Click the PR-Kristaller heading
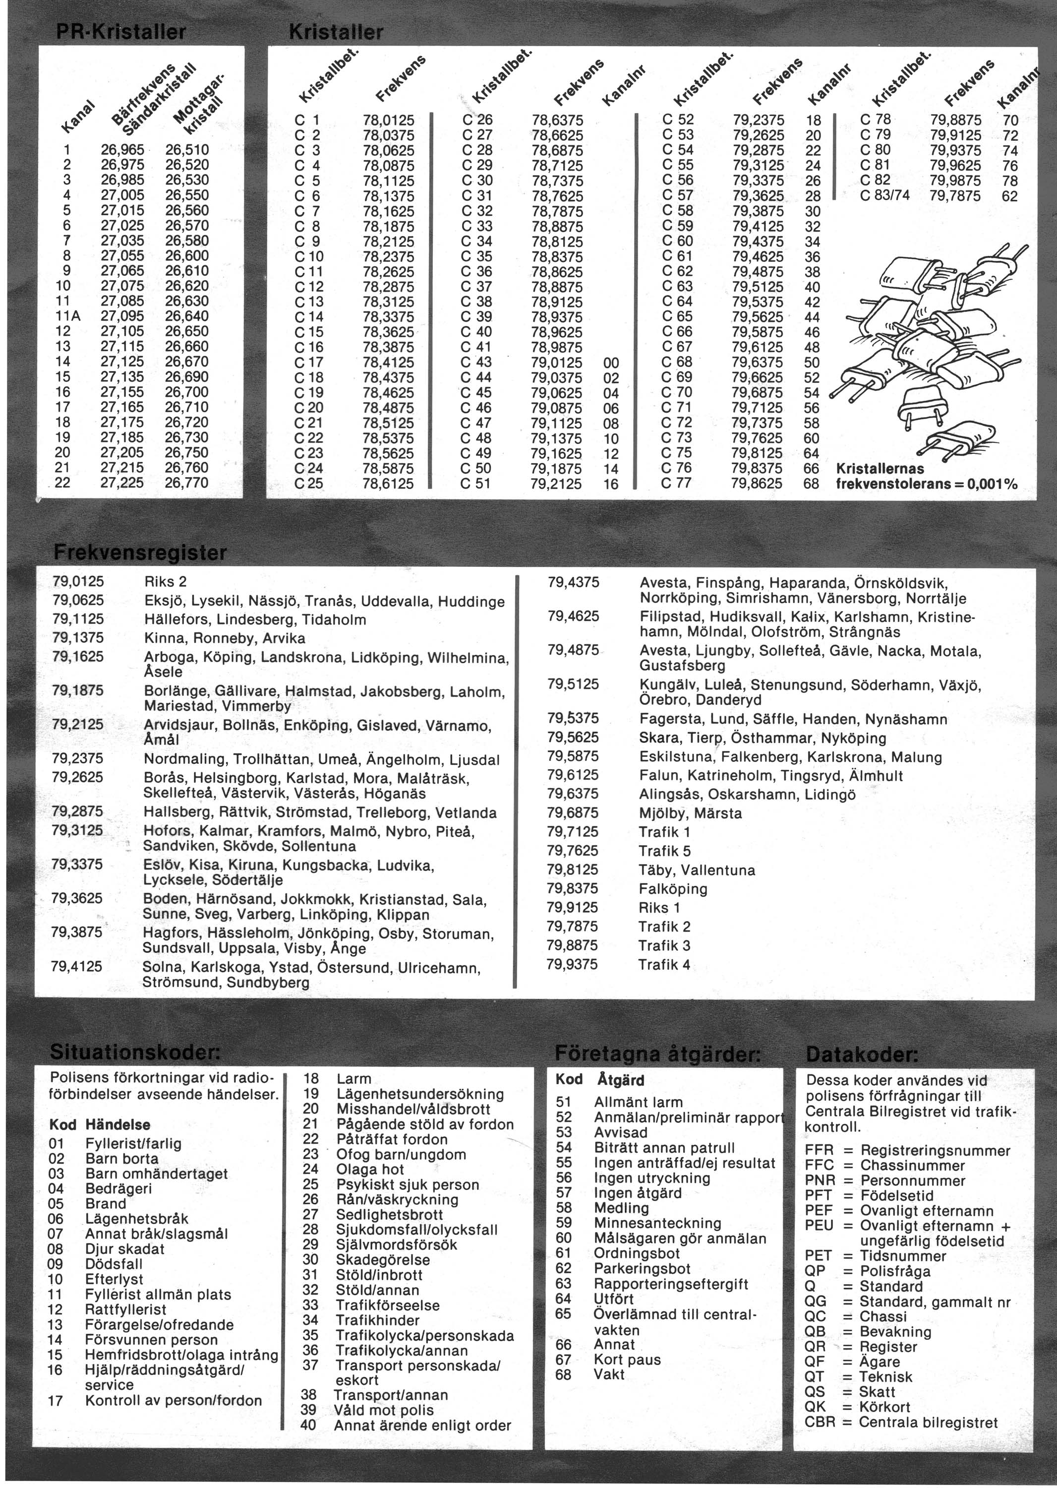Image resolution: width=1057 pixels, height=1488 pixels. click(x=121, y=32)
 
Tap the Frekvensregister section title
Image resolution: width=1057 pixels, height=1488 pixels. click(x=140, y=553)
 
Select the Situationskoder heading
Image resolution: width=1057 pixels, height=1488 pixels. click(x=135, y=1053)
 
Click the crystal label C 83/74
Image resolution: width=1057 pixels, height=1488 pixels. click(x=884, y=195)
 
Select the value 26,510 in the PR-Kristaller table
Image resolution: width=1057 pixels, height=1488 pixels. click(x=187, y=150)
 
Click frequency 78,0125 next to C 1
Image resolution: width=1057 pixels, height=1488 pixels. click(x=389, y=120)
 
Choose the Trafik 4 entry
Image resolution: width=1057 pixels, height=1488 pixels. click(x=664, y=964)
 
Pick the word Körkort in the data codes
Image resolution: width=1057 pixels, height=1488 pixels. click(x=884, y=1407)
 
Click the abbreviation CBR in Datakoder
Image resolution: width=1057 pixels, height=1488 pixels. click(x=820, y=1422)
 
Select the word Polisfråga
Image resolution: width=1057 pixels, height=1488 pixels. click(x=895, y=1271)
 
